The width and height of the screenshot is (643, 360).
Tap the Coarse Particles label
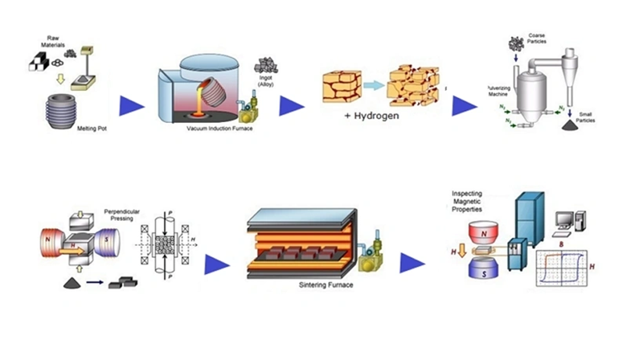[537, 39]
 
